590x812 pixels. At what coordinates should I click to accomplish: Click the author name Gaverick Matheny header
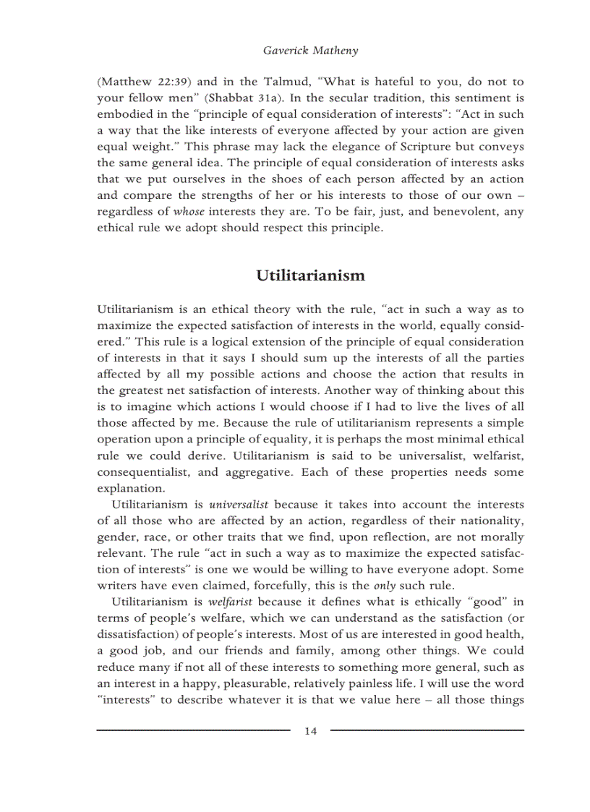pyautogui.click(x=310, y=51)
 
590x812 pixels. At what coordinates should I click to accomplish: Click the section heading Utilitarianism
pyautogui.click(x=310, y=275)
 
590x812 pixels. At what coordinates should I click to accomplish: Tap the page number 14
pyautogui.click(x=310, y=731)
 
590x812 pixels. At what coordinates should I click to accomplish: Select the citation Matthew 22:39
pyautogui.click(x=134, y=82)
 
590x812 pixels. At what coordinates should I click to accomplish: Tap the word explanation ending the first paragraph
pyautogui.click(x=130, y=488)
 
